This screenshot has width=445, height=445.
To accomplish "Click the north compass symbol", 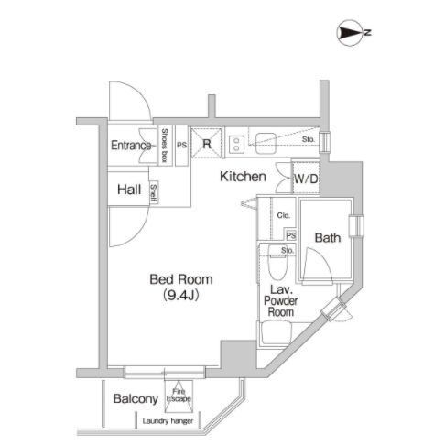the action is [x=350, y=33].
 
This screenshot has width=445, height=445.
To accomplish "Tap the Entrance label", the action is [x=131, y=146].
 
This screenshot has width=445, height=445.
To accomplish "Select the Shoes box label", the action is [x=165, y=146].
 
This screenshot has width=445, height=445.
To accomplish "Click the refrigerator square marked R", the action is [x=206, y=143].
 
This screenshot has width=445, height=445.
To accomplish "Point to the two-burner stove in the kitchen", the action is [x=236, y=144].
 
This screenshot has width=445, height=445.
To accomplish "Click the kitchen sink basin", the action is [x=266, y=143].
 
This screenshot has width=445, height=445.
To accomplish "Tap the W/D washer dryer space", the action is [x=306, y=179].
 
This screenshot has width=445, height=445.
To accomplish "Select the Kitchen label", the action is [x=243, y=177].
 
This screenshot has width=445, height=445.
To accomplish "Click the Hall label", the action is [x=129, y=190].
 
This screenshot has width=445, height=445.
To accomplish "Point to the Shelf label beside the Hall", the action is [x=154, y=193].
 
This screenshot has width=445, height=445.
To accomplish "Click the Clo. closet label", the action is [x=284, y=215].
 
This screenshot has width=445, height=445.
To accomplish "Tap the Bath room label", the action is [x=328, y=238].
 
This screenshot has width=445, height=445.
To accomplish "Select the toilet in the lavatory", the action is [x=277, y=262].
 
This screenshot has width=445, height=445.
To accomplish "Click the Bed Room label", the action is [x=181, y=279].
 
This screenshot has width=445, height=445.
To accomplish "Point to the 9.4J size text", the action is [x=181, y=295].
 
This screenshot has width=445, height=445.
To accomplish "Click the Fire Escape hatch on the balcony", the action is [x=179, y=396].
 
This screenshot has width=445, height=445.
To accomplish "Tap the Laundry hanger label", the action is [x=168, y=421].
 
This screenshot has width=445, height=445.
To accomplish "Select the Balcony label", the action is [x=136, y=399].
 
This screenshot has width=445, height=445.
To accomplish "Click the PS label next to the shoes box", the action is [x=181, y=145].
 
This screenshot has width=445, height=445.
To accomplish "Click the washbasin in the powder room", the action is [x=275, y=333].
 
